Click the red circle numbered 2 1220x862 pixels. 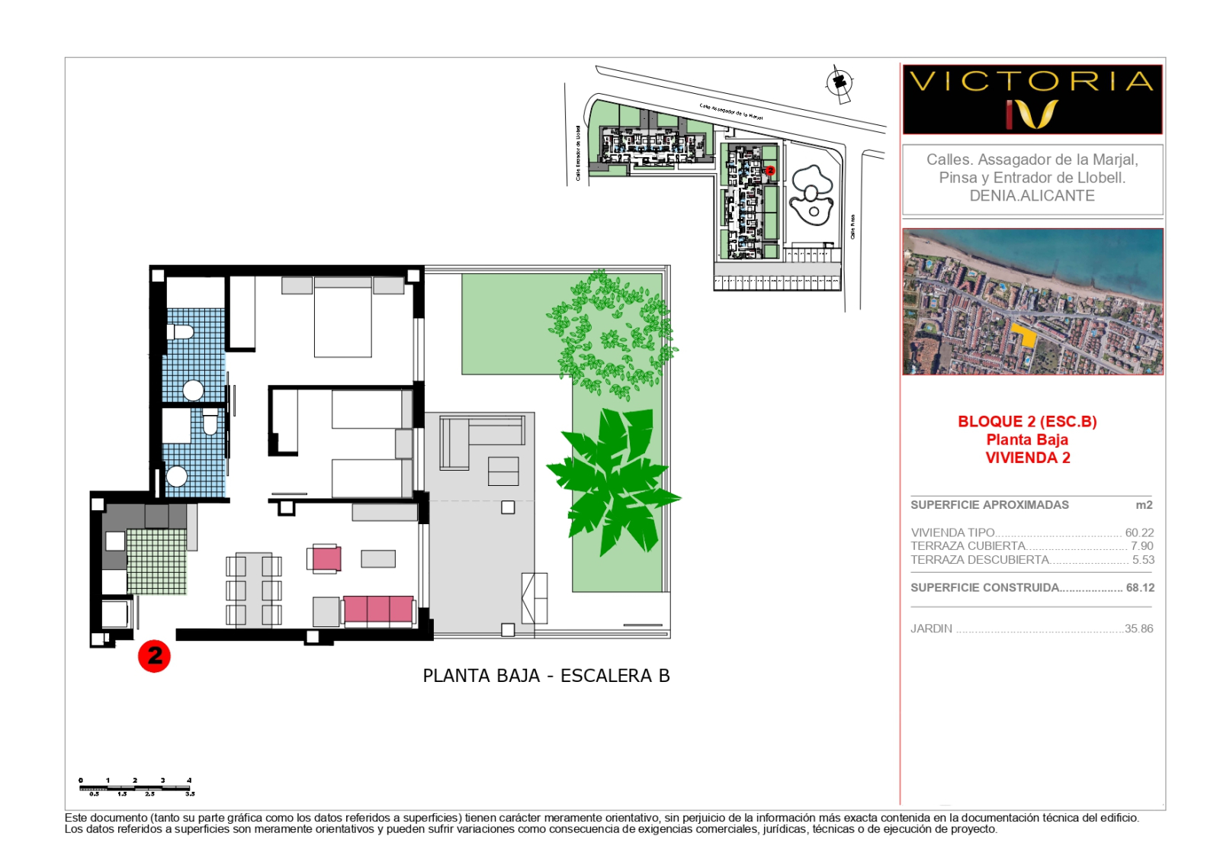pyautogui.click(x=154, y=656)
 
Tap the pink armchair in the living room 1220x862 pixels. pyautogui.click(x=326, y=558)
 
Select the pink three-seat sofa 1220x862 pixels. pyautogui.click(x=378, y=610)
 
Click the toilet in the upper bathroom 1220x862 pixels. pyautogui.click(x=181, y=332)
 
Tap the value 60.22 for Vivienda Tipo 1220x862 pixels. pyautogui.click(x=1139, y=532)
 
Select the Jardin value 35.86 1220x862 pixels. pyautogui.click(x=1138, y=629)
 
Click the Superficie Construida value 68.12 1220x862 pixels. pyautogui.click(x=1140, y=587)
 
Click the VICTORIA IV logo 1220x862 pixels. pyautogui.click(x=1032, y=99)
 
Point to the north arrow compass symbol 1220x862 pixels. pyautogui.click(x=840, y=82)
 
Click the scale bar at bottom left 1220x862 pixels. pyautogui.click(x=136, y=787)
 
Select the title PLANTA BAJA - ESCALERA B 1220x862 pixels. pyautogui.click(x=546, y=676)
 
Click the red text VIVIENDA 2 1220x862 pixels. pyautogui.click(x=1027, y=458)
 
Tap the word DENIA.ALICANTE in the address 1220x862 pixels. pyautogui.click(x=1032, y=196)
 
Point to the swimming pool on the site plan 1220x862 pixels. pyautogui.click(x=812, y=195)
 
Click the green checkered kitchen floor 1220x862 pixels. pyautogui.click(x=156, y=561)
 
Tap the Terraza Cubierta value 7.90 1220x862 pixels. pyautogui.click(x=1141, y=546)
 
